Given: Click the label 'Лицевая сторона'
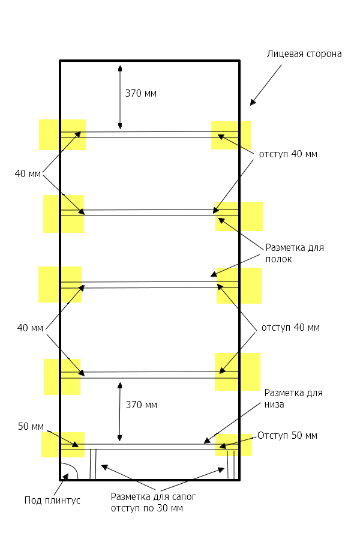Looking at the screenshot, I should pyautogui.click(x=304, y=54).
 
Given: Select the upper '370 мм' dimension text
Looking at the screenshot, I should pyautogui.click(x=141, y=93).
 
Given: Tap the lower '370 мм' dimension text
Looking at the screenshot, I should pyautogui.click(x=142, y=405).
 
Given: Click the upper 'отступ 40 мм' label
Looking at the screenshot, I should pyautogui.click(x=288, y=154).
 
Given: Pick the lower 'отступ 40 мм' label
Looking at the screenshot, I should pyautogui.click(x=290, y=328).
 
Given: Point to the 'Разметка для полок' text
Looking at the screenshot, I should pyautogui.click(x=294, y=253).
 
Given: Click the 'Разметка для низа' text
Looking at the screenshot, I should pyautogui.click(x=293, y=399).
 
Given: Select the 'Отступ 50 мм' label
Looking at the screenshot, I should pyautogui.click(x=287, y=435).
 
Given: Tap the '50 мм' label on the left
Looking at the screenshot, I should pyautogui.click(x=31, y=427).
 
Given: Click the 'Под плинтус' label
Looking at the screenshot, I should pyautogui.click(x=52, y=500).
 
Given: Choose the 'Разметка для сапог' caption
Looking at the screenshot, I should pyautogui.click(x=154, y=502).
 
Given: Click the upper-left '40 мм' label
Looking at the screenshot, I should pyautogui.click(x=28, y=174).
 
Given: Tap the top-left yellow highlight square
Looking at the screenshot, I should pyautogui.click(x=62, y=134).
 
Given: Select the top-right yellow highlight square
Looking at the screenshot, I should pyautogui.click(x=230, y=135).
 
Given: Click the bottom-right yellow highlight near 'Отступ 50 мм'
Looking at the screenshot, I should pyautogui.click(x=233, y=445).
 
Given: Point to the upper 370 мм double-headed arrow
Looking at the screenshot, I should pyautogui.click(x=120, y=98).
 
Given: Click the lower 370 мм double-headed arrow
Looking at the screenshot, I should pyautogui.click(x=120, y=412).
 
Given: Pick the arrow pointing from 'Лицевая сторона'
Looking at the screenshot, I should pyautogui.click(x=266, y=85).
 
